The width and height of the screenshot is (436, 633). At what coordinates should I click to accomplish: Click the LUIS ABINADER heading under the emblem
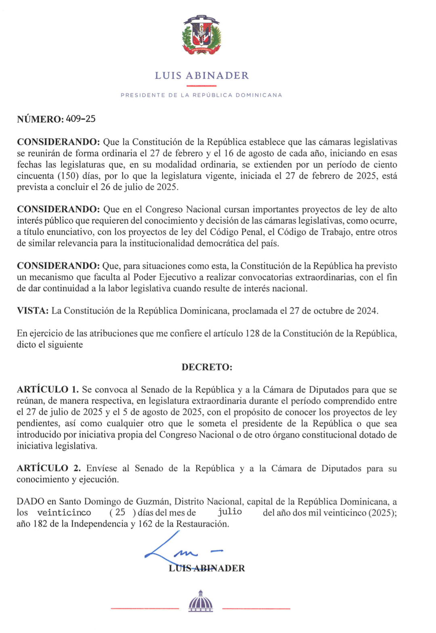tap(201, 76)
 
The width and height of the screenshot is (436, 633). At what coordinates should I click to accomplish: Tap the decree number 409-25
tap(81, 119)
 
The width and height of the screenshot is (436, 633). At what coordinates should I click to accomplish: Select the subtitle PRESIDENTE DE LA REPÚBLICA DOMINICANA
tap(201, 95)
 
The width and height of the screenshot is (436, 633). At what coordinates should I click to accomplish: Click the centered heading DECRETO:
tap(207, 367)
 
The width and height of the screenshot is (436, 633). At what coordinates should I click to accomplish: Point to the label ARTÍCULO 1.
tap(48, 390)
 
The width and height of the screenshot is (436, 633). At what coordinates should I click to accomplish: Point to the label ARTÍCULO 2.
tap(48, 468)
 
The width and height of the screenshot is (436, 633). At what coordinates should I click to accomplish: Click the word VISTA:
tap(33, 311)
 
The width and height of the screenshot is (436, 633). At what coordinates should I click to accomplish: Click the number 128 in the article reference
tap(252, 333)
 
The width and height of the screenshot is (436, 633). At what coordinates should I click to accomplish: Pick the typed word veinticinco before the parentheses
tap(64, 513)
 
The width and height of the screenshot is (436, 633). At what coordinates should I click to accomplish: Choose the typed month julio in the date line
tap(230, 512)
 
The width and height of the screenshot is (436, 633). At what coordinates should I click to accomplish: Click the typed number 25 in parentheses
tap(120, 512)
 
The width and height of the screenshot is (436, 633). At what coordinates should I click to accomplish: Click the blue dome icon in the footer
tap(201, 601)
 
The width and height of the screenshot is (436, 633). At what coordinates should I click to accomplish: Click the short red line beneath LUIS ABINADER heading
tap(201, 86)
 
